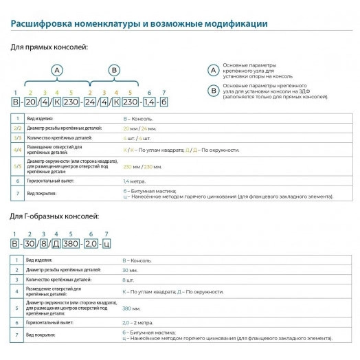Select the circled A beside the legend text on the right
point(212,69)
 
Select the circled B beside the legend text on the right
point(212,89)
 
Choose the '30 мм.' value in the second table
point(129,271)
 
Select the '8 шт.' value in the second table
point(128,280)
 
